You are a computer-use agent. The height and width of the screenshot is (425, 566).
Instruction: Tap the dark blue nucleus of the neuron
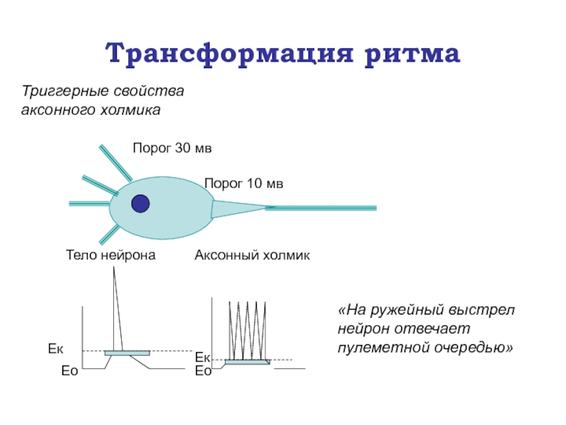pyautogui.click(x=141, y=203)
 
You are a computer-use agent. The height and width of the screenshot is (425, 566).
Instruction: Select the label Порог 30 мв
pyautogui.click(x=172, y=149)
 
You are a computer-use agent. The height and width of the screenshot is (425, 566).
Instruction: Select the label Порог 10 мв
pyautogui.click(x=243, y=184)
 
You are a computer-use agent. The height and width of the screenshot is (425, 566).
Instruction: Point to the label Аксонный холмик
pyautogui.click(x=252, y=255)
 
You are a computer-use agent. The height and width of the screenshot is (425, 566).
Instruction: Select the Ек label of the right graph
pyautogui.click(x=203, y=358)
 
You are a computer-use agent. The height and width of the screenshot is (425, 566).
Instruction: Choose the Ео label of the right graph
pyautogui.click(x=203, y=370)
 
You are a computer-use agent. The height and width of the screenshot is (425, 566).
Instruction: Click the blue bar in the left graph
pyautogui.click(x=127, y=353)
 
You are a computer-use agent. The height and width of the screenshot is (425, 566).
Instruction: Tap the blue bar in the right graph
pyautogui.click(x=247, y=362)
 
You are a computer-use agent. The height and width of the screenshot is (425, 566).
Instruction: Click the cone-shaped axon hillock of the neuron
pyautogui.click(x=237, y=208)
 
